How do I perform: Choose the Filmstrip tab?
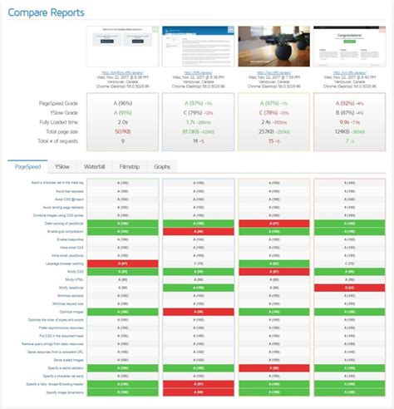[128, 167]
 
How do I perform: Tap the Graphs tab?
[161, 167]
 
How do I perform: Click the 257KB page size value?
[264, 131]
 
